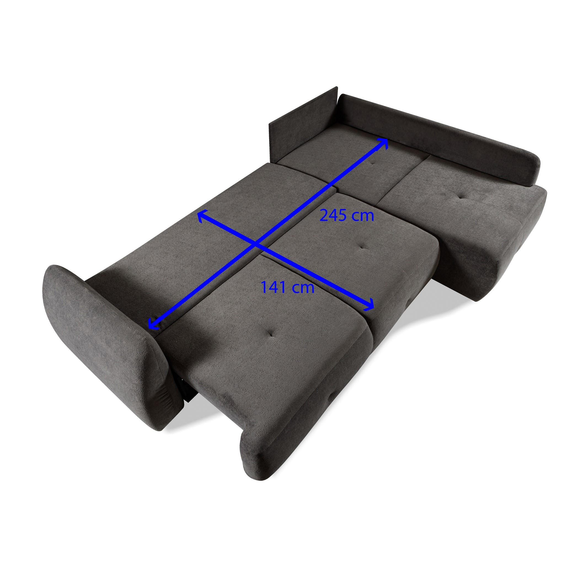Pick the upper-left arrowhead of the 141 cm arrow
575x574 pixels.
(202, 215)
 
